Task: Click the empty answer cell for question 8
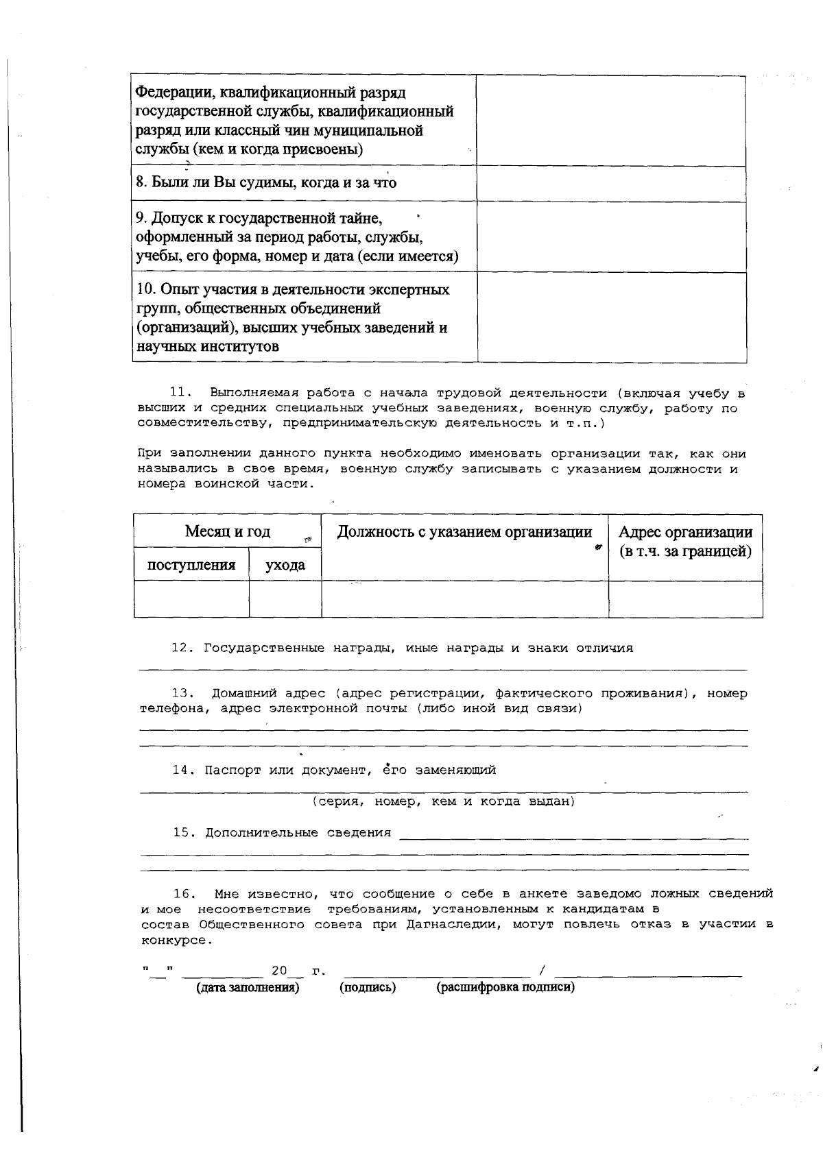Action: click(x=611, y=183)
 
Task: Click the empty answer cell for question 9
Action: click(x=611, y=237)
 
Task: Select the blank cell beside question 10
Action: click(x=611, y=317)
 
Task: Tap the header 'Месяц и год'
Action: click(x=227, y=531)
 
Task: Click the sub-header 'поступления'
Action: click(x=191, y=565)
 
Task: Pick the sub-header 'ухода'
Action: click(x=285, y=565)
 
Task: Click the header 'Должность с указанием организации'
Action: click(x=464, y=532)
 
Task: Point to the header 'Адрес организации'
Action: click(x=685, y=533)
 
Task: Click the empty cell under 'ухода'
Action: click(x=285, y=599)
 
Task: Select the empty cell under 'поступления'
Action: click(x=191, y=599)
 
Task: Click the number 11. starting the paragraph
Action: click(x=179, y=393)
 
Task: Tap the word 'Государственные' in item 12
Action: click(x=264, y=648)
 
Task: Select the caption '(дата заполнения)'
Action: click(x=248, y=987)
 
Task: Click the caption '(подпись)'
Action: click(x=368, y=987)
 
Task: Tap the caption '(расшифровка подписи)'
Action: click(x=505, y=987)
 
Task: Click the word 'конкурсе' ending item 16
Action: click(x=176, y=940)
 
